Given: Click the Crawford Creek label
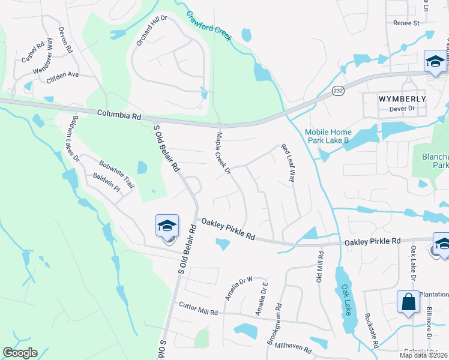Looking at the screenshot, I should click(208, 25).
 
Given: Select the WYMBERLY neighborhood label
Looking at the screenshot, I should click(402, 98).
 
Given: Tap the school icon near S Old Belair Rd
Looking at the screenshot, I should click(167, 227).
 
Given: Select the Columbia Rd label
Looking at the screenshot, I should click(119, 113).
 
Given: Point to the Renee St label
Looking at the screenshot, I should click(406, 23).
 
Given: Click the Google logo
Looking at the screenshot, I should click(20, 353).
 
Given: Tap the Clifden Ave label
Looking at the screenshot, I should click(63, 75).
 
